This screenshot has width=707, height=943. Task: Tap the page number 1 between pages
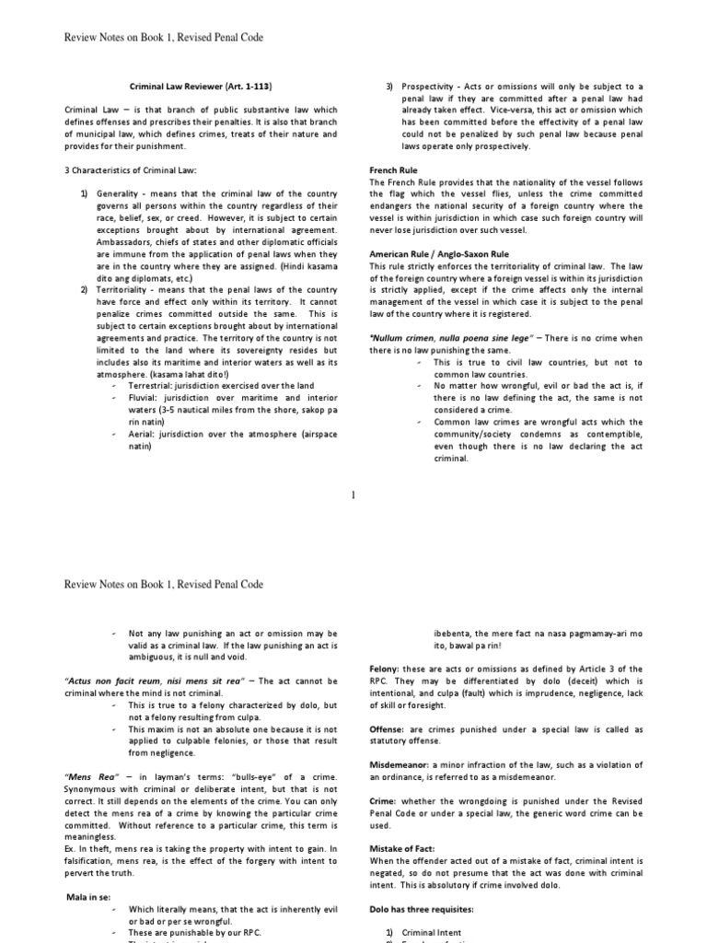(353, 496)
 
